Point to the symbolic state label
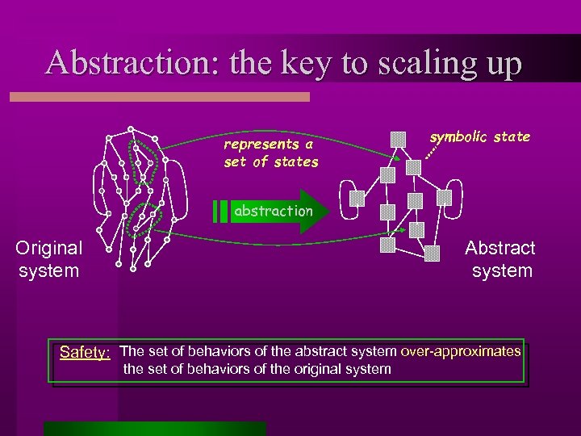tap(479, 136)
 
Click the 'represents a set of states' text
tap(271, 153)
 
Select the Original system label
tap(48, 259)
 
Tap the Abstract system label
tap(500, 259)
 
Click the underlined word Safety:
tap(86, 353)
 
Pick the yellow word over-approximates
tap(460, 351)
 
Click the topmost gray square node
tap(398, 139)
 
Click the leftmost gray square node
tap(356, 198)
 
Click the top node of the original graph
tap(129, 129)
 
